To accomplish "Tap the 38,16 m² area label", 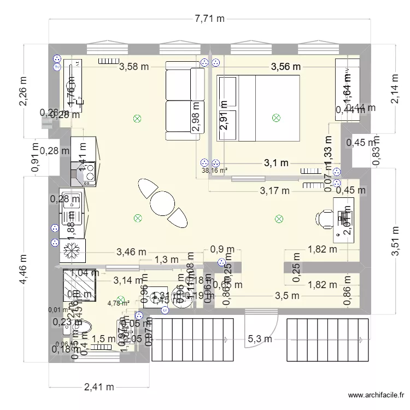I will [214, 170].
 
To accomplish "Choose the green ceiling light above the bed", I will [276, 118].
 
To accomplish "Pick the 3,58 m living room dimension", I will [134, 67].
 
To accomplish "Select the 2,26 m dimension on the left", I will [23, 91].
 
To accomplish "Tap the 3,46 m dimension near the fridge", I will [131, 252].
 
